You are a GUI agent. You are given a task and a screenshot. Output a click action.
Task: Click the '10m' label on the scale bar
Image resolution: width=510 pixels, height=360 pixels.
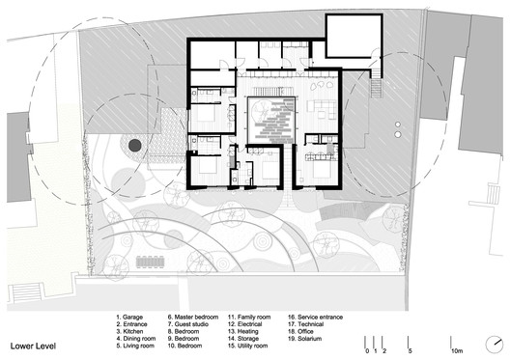(457, 351)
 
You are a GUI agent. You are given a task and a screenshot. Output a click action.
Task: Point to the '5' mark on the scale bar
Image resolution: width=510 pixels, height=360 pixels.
(411, 351)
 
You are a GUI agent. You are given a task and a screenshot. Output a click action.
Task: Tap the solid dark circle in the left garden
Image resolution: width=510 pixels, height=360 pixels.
(135, 144)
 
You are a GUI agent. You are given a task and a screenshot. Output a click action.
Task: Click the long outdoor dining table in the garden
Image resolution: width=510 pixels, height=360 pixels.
(153, 261)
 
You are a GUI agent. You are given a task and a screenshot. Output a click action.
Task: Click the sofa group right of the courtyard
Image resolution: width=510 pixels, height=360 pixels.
(319, 104)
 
